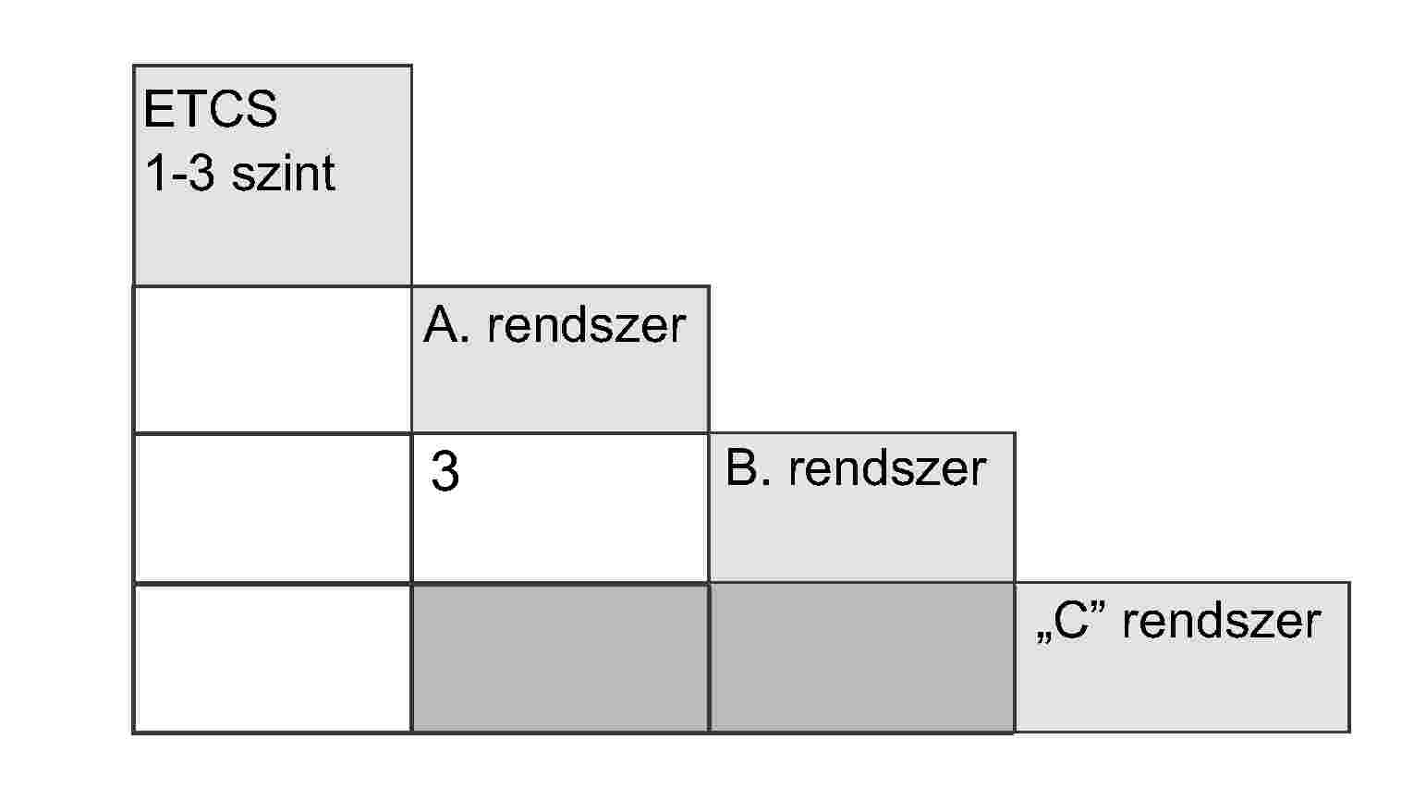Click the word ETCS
pos(211,109)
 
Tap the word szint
pos(284,173)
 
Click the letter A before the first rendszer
pos(441,324)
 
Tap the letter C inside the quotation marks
pos(1070,621)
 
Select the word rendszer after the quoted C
pos(1221,621)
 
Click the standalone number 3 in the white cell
pos(445,472)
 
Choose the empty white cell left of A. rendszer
pos(273,359)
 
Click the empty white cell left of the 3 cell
pos(273,508)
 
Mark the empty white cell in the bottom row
pos(273,658)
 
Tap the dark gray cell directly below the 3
pos(560,658)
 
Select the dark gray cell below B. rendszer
pos(862,658)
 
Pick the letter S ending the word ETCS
pos(262,109)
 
